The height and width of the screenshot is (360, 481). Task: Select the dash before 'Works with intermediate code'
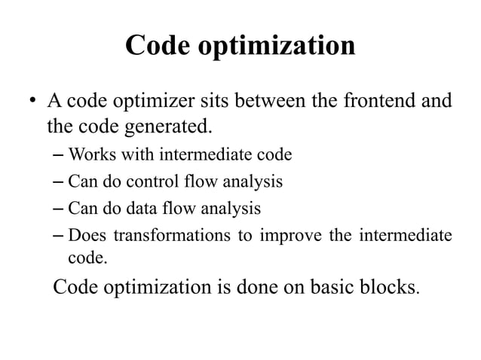[x=60, y=157]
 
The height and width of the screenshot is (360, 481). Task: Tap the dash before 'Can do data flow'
[x=60, y=208]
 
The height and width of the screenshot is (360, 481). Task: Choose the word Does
[x=86, y=233]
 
